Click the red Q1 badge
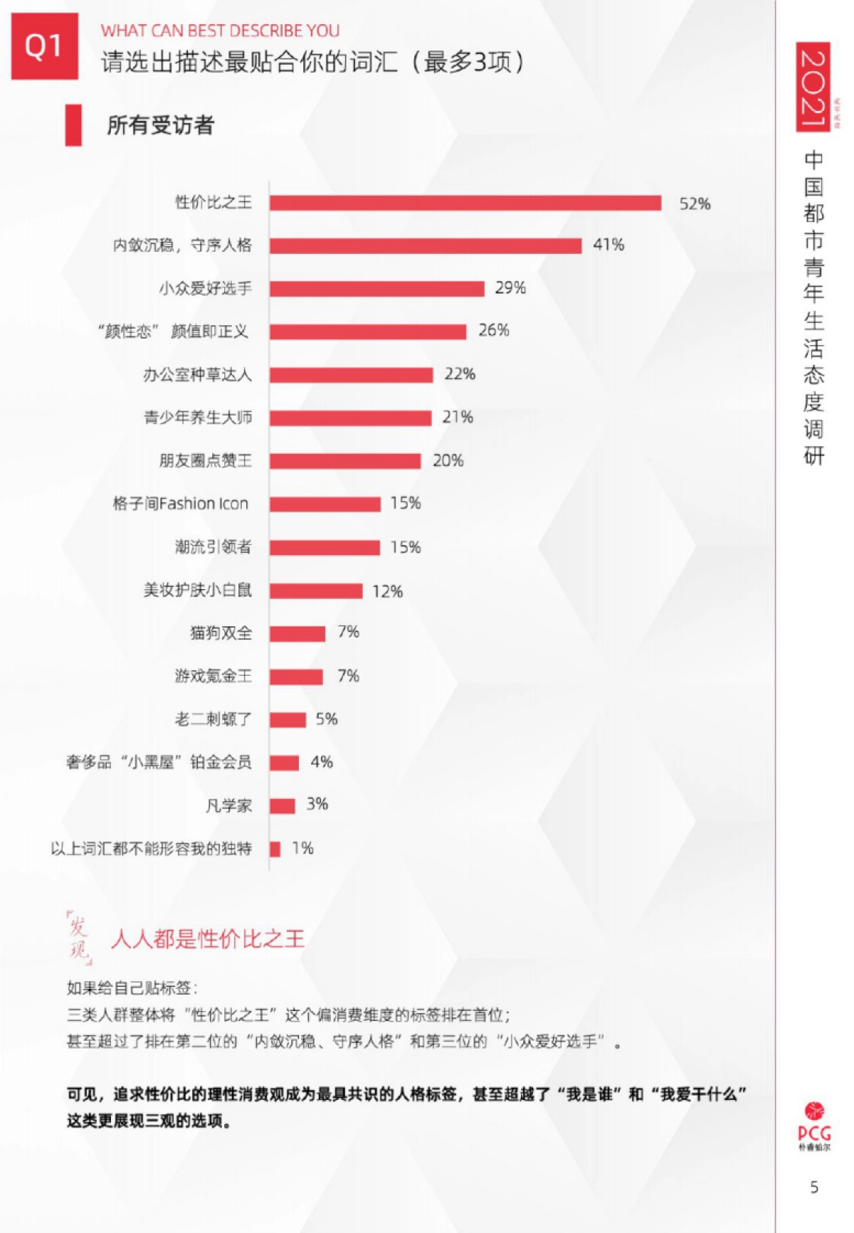click(x=44, y=46)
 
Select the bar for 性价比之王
click(x=465, y=203)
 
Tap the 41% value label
click(x=608, y=245)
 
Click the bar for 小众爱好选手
click(x=377, y=288)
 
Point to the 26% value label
click(x=494, y=330)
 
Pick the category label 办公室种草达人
click(x=198, y=375)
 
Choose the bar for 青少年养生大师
click(x=351, y=418)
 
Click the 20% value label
click(x=448, y=460)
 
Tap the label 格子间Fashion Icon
click(x=181, y=504)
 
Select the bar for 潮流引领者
click(x=325, y=547)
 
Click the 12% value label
click(x=388, y=591)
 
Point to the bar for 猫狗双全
click(x=297, y=633)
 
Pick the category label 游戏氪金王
click(x=213, y=676)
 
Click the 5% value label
click(x=327, y=719)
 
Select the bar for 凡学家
click(x=283, y=805)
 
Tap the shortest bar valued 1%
click(x=275, y=848)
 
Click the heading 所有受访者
click(x=160, y=125)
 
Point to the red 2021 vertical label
click(x=813, y=87)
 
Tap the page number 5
click(x=814, y=1187)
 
